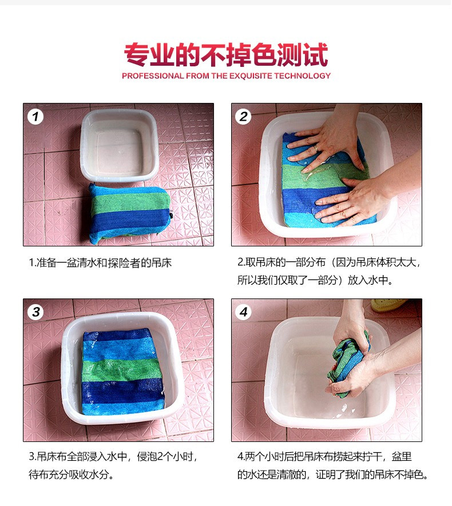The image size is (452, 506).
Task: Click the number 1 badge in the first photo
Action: click(35, 117)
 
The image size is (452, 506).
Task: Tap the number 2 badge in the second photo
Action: click(243, 117)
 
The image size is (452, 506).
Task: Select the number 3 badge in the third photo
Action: click(35, 312)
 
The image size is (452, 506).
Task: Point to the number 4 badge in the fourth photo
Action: click(243, 312)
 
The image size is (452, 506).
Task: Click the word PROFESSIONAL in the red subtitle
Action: click(153, 76)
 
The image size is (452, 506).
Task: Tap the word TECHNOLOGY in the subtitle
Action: click(303, 76)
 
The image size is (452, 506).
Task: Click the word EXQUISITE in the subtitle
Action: click(251, 76)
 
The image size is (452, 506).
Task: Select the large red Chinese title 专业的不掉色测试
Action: click(226, 54)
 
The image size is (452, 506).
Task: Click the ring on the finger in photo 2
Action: click(316, 148)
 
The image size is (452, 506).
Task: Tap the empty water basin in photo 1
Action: click(120, 146)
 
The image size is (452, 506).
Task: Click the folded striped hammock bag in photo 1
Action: click(129, 214)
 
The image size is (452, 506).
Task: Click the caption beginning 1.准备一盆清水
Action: click(100, 263)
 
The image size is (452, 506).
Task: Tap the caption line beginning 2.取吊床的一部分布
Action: click(328, 262)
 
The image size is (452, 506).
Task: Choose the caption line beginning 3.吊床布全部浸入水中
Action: click(113, 457)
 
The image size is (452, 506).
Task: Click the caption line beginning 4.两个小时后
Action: click(324, 457)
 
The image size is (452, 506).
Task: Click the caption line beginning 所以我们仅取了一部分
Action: click(315, 280)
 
